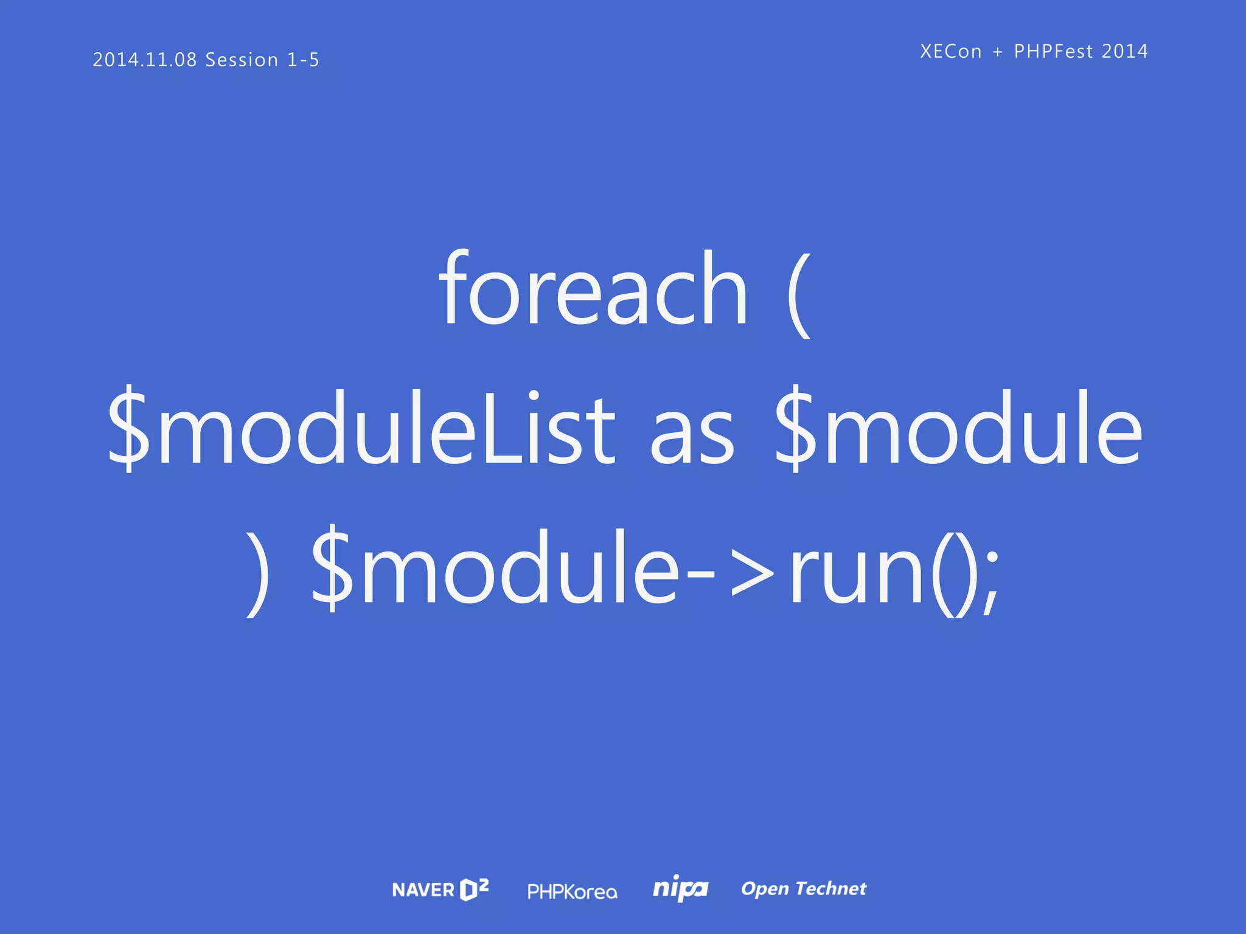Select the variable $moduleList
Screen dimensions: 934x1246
[361, 429]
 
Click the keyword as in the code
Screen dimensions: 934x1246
[692, 435]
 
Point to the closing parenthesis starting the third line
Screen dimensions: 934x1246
[258, 572]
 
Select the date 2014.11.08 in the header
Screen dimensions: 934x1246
[145, 60]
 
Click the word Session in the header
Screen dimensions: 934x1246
[242, 60]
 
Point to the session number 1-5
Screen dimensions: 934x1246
[303, 60]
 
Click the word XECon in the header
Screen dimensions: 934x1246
[950, 51]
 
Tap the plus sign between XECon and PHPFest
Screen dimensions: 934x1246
[998, 52]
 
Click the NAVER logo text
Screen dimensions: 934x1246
[423, 890]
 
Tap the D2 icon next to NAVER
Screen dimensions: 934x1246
[474, 889]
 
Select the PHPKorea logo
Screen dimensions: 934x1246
[572, 891]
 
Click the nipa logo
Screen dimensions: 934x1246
[680, 889]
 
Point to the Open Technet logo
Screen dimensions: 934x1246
[803, 889]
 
